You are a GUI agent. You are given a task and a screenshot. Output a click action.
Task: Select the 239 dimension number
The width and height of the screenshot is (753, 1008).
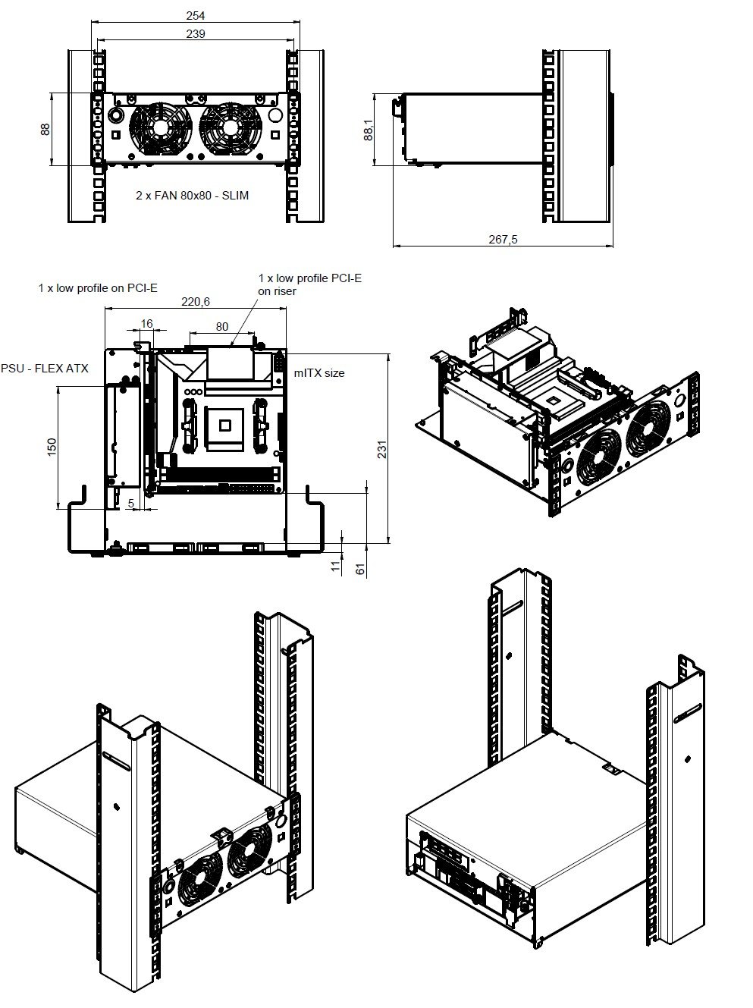[x=195, y=33]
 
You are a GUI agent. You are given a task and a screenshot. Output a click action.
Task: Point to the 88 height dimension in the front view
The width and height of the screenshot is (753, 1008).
[x=45, y=129]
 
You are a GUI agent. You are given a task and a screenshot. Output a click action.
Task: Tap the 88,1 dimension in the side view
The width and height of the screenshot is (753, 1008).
[x=368, y=130]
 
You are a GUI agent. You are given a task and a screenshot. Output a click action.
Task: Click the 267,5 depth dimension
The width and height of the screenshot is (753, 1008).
[x=503, y=239]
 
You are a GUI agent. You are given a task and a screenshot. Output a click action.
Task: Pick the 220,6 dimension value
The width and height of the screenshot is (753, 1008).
[x=195, y=301]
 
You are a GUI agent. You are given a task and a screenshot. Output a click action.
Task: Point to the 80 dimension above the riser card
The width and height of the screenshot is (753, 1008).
[x=221, y=327]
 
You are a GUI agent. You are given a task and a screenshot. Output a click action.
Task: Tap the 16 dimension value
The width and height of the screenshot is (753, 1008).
[x=147, y=324]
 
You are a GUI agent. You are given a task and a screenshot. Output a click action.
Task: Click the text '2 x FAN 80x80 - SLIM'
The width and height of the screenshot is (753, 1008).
[x=192, y=196]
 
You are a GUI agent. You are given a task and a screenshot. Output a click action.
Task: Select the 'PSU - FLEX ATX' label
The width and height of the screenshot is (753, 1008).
[x=45, y=369]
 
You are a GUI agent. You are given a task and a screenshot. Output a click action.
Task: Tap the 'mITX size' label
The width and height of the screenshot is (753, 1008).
[x=319, y=373]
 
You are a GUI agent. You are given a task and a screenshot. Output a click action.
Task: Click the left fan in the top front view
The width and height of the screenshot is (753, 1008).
[x=161, y=127]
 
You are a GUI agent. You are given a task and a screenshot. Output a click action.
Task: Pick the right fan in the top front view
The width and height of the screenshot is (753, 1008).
[x=229, y=127]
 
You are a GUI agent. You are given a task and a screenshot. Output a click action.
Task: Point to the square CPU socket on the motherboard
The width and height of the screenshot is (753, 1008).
[x=224, y=425]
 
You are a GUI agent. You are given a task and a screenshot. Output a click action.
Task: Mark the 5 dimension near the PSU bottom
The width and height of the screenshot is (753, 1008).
[x=131, y=502]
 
